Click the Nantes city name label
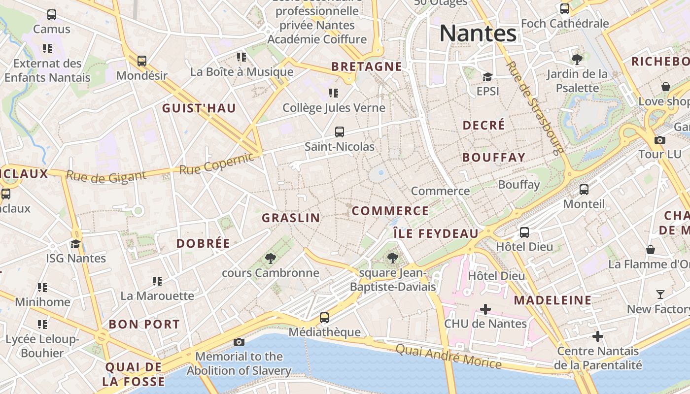[478, 33]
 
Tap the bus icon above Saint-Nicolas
[339, 131]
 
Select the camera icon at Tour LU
[659, 140]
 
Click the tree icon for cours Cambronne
[270, 258]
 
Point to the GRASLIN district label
[291, 218]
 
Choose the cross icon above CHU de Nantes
[485, 309]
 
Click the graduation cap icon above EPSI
[487, 77]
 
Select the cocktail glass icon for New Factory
[660, 295]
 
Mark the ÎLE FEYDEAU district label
[436, 233]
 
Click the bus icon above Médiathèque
[324, 318]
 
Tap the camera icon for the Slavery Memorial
[239, 342]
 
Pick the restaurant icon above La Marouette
[157, 281]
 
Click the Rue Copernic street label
[217, 164]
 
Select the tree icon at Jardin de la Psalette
[577, 60]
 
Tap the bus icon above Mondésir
[142, 61]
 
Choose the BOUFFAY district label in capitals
[494, 158]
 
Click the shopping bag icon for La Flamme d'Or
[651, 250]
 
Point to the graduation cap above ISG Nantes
[75, 244]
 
